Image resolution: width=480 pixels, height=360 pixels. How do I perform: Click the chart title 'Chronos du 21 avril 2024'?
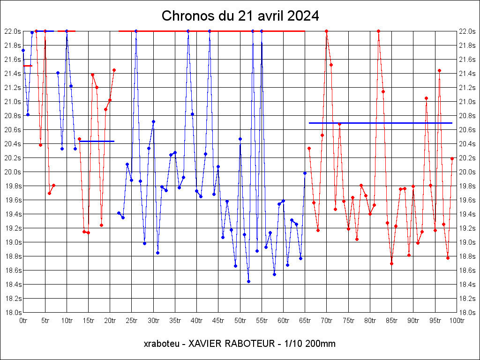240,16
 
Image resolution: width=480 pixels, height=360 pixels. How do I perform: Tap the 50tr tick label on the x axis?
240,321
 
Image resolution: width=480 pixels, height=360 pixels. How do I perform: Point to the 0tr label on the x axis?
23,321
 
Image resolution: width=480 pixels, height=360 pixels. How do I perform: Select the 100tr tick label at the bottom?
457,321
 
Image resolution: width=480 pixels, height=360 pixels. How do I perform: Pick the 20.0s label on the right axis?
467,172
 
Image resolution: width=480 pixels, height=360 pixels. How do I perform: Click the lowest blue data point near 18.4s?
248,281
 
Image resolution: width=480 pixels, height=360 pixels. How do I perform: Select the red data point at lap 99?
452,158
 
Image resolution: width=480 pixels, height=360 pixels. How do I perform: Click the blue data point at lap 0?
23,50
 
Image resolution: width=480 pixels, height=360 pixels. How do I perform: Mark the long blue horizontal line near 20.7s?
380,123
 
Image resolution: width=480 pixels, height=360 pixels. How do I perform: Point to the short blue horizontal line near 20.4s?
97,141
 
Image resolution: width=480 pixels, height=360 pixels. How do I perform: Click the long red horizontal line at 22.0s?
211,31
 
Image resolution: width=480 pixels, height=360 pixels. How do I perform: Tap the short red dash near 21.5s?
28,66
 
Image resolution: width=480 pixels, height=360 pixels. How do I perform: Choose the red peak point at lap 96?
439,70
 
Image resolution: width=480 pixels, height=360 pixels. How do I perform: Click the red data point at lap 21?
114,70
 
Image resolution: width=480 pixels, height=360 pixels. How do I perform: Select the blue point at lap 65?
305,173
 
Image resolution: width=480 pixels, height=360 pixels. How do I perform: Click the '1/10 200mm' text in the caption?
307,344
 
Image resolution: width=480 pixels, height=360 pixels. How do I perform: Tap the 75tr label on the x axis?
348,321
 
